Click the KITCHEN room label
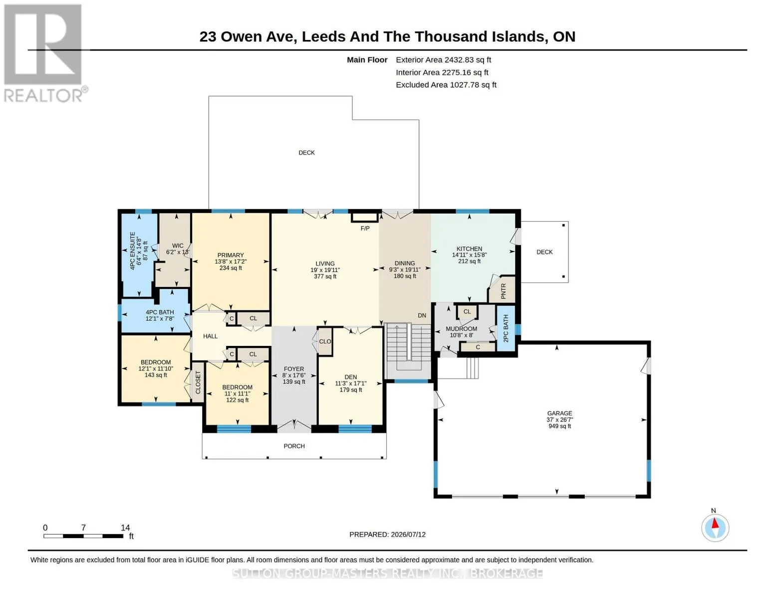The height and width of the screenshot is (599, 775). (x=469, y=249)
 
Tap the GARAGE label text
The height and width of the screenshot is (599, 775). (x=559, y=413)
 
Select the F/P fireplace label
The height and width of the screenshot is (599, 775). (x=365, y=228)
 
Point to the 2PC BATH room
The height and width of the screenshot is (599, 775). (x=506, y=328)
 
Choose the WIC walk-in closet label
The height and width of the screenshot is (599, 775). (x=178, y=246)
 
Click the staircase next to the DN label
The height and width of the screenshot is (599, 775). (x=409, y=348)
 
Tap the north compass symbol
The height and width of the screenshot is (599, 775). (x=715, y=528)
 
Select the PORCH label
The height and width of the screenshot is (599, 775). (x=294, y=446)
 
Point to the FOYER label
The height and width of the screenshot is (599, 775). (x=294, y=369)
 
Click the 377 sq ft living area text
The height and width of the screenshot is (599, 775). (x=325, y=277)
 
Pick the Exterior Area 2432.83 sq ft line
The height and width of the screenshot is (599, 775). (x=443, y=60)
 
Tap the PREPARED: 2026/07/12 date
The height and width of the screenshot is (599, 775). (x=387, y=535)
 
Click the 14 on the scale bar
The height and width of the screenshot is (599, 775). (x=125, y=528)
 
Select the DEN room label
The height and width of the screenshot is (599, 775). (x=351, y=377)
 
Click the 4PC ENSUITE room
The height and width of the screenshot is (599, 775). (x=139, y=255)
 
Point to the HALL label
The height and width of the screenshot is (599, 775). (x=211, y=336)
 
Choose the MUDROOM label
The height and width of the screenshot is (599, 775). (x=461, y=328)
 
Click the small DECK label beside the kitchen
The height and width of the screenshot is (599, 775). (x=544, y=252)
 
